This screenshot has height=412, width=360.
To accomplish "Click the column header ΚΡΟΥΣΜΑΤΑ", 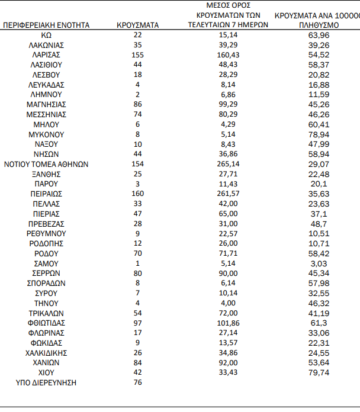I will pos(137,25).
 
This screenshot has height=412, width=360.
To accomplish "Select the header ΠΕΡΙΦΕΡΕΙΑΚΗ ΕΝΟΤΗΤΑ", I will pos(46,25).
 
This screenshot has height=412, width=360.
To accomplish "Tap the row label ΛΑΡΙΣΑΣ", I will pos(46,54).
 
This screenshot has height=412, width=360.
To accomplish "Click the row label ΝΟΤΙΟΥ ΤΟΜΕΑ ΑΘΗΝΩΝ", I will pos(46,164).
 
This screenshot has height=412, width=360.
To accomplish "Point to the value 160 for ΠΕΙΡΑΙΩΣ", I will pos(137,194).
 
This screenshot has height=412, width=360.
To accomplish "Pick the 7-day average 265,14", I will pos(228,164).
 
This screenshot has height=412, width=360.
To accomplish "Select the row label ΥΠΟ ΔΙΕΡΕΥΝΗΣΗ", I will pos(46,383).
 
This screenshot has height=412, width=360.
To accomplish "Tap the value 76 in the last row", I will pos(137,383).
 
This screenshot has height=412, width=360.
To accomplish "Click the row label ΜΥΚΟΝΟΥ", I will pos(46,134).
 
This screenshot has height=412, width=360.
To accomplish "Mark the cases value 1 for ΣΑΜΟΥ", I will pos(137,263).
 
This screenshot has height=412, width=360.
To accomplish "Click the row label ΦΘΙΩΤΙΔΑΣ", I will pos(46,323).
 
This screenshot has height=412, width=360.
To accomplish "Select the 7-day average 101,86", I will pos(228,323).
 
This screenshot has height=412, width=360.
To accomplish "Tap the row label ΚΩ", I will pos(46,34).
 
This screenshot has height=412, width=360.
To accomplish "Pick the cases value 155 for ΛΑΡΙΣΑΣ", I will pos(137,54).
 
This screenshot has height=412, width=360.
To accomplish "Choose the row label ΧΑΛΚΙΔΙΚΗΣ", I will pos(46,353).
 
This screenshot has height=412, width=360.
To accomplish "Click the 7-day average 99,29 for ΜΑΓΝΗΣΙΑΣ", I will pos(228,104).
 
